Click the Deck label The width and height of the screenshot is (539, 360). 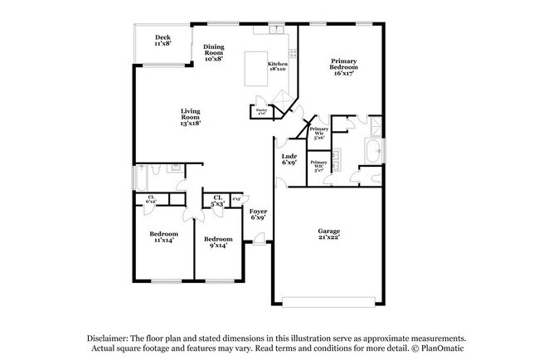pyautogui.click(x=163, y=41)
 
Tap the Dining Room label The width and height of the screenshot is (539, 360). pyautogui.click(x=213, y=53)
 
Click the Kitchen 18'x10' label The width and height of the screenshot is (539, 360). pyautogui.click(x=278, y=66)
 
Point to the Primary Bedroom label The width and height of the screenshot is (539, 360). pyautogui.click(x=344, y=66)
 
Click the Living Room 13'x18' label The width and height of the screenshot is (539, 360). pyautogui.click(x=192, y=117)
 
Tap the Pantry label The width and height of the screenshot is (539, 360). pyautogui.click(x=260, y=112)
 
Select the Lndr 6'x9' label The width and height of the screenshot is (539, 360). pyautogui.click(x=289, y=159)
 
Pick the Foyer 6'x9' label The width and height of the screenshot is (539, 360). pyautogui.click(x=258, y=214)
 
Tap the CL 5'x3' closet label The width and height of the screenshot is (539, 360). pyautogui.click(x=219, y=200)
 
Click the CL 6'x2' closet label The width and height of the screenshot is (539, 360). pyautogui.click(x=151, y=200)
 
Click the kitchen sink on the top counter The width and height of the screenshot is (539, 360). pyautogui.click(x=276, y=30)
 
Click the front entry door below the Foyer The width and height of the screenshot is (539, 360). pyautogui.click(x=259, y=241)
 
